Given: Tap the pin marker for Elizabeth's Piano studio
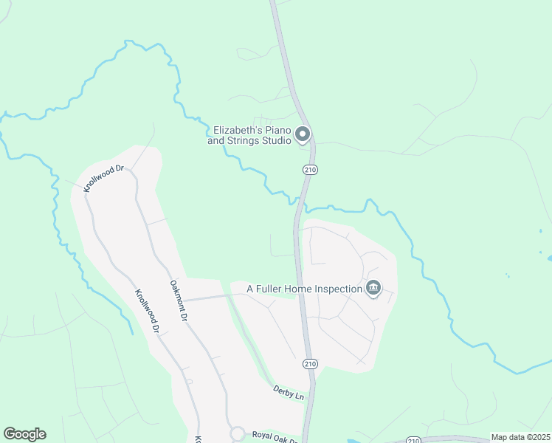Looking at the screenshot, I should [x=303, y=135].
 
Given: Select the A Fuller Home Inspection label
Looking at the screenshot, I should [x=304, y=289].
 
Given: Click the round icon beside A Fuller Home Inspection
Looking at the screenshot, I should [x=373, y=289].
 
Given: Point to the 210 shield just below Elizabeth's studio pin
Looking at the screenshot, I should [x=311, y=171].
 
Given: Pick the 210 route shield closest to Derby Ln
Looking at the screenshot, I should [x=311, y=364].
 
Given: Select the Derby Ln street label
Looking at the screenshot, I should [x=289, y=392].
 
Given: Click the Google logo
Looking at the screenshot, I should [x=24, y=434].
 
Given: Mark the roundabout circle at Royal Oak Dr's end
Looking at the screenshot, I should [x=238, y=433].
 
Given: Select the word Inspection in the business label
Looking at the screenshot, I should [x=335, y=289].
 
